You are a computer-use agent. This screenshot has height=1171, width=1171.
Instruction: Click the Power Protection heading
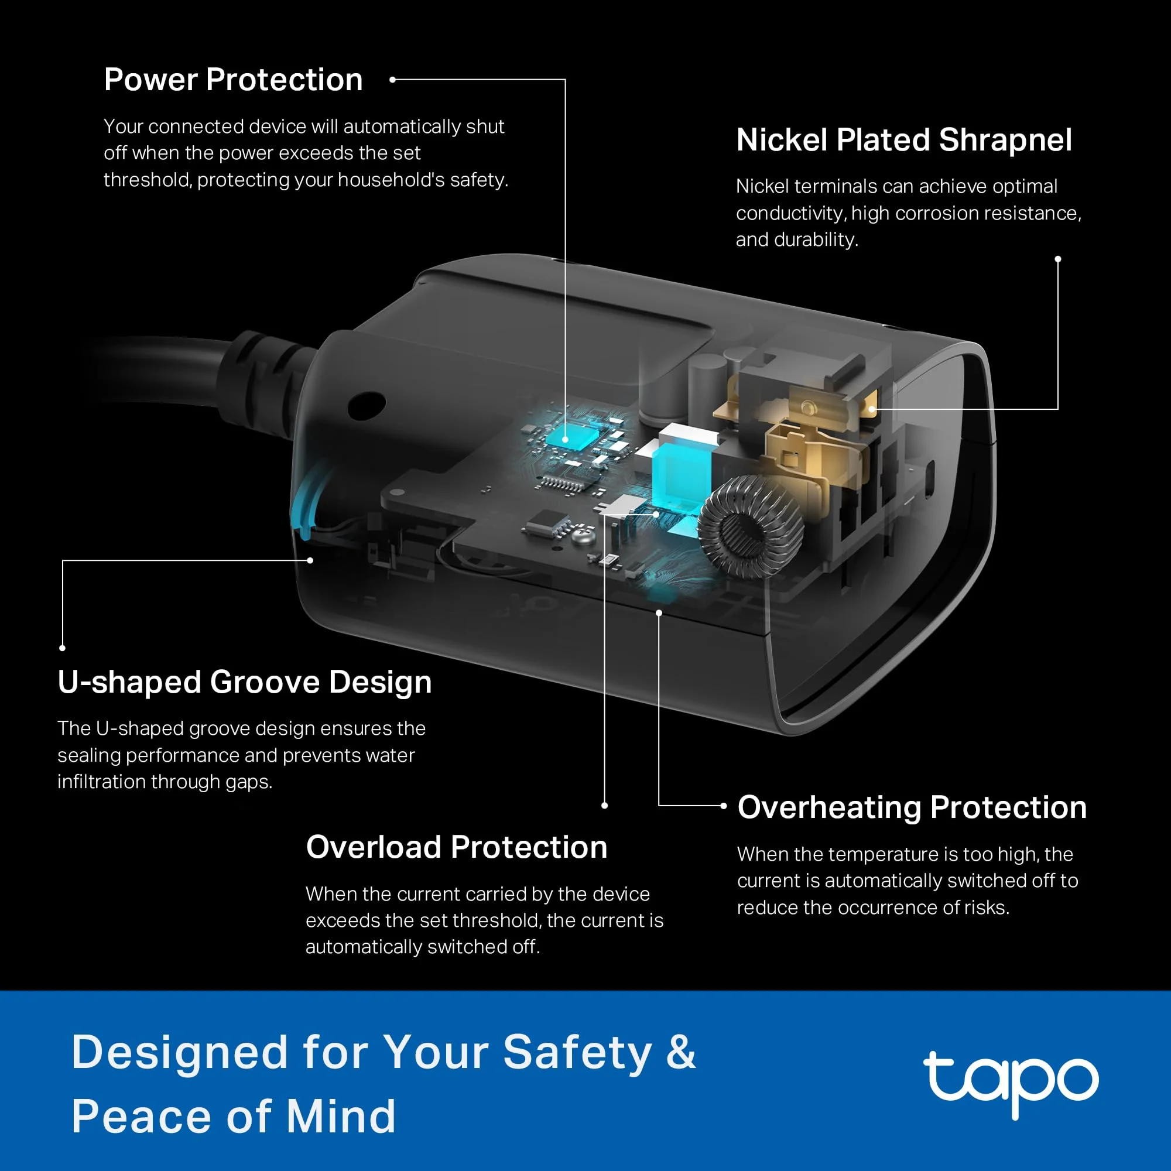point(234,80)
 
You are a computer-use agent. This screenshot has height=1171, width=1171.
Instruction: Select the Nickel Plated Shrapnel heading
point(903,141)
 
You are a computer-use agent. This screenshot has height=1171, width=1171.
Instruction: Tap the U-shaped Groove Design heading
point(245,683)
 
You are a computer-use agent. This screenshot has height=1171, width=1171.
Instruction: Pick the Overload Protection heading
point(457,847)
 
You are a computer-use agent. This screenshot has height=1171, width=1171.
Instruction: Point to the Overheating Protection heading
point(912,808)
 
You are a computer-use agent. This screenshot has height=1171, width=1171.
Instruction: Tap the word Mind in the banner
point(341,1117)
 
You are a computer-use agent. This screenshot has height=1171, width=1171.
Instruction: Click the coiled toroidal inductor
point(751,526)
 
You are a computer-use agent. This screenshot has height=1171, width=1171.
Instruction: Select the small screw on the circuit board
point(585,535)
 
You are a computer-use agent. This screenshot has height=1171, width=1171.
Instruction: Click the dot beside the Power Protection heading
point(393,80)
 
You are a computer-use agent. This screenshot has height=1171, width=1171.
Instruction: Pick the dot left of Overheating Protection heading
point(724,806)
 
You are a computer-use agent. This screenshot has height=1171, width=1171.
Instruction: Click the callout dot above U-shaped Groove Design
point(63,648)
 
